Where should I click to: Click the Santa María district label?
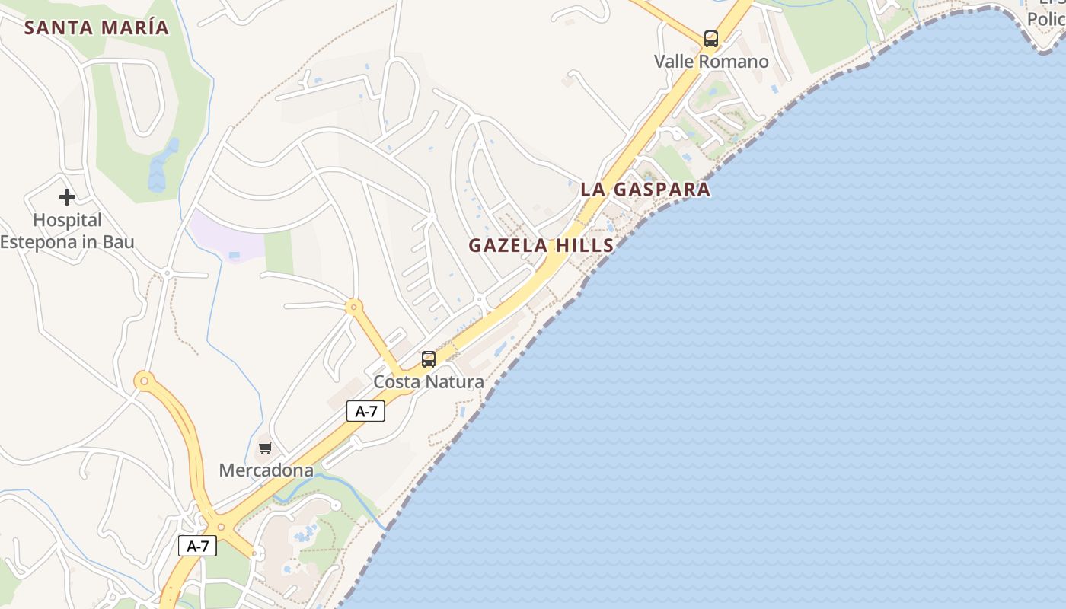[x=96, y=28]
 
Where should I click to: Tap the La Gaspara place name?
[x=646, y=190]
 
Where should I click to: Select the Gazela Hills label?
[x=541, y=245]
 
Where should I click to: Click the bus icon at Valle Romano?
[x=710, y=38]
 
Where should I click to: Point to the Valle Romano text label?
[x=711, y=62]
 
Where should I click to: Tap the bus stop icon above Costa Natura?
[x=429, y=359]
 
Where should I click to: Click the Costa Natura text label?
[x=428, y=382]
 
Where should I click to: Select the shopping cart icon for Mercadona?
[x=265, y=448]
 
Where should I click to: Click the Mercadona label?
[x=266, y=470]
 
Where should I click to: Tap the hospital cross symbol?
[x=67, y=197]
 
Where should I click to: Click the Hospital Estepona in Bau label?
[x=67, y=231]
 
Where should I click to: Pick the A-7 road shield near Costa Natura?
[x=366, y=412]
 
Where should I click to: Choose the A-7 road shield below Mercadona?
[x=197, y=546]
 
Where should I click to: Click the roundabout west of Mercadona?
[x=143, y=380]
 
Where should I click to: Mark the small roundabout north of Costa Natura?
[x=353, y=308]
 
